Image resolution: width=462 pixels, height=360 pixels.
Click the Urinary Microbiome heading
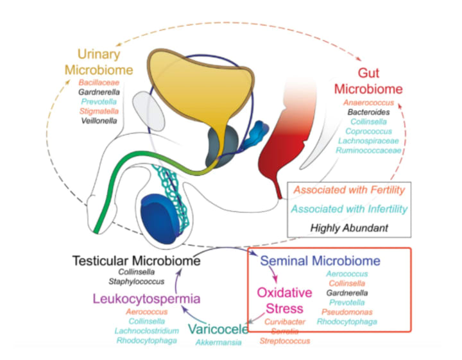106,62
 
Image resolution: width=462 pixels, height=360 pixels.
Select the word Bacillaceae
99,83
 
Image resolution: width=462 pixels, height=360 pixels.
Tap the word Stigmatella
99,110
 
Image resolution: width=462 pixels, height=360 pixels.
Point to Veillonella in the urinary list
99,119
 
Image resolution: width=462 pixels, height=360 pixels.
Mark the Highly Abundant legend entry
349,227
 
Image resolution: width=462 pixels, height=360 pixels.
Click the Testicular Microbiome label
136,261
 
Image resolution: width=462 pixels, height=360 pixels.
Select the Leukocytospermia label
147,298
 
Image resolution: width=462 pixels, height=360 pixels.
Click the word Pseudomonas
350,311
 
